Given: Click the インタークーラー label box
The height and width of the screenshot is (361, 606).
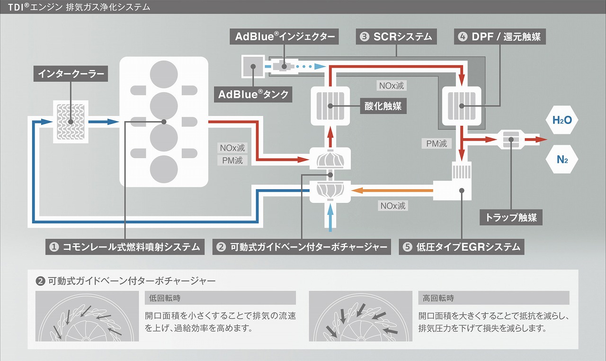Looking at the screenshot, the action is coord(71,73).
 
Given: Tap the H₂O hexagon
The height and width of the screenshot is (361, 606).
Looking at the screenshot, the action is coord(562,120).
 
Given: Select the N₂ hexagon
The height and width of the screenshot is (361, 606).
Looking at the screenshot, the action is coord(562,159).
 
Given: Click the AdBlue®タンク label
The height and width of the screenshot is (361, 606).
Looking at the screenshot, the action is coord(253,94).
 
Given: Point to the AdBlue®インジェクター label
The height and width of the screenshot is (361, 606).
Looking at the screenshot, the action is coord(284,36).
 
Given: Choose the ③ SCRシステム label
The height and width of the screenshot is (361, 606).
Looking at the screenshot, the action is coord(396,36).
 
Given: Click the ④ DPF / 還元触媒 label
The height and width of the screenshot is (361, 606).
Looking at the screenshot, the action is coord(499,36).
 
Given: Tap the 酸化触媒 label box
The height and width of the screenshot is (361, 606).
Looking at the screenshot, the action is coord(383,106).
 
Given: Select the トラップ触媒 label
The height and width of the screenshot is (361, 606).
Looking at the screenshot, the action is coord(511,217).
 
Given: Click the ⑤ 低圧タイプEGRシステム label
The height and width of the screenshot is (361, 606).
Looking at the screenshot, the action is coord(462,247).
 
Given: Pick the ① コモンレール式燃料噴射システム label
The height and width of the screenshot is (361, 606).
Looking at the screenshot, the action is coord(125,247).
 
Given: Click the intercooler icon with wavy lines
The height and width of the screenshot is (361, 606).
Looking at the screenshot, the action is coord(71,122).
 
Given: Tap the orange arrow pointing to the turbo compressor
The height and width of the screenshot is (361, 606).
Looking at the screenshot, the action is coord(392,191).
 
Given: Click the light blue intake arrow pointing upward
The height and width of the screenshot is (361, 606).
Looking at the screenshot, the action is coord(330,218).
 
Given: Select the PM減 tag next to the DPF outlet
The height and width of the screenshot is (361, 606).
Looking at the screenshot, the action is coord(437,143).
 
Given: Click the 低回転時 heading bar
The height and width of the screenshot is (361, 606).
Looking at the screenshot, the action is coord(220,298).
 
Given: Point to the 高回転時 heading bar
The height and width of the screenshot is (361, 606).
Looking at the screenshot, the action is coord(494,298).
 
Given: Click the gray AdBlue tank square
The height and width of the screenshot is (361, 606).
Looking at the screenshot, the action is coord(253,67).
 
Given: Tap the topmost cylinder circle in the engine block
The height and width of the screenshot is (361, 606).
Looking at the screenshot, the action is coord(164,74).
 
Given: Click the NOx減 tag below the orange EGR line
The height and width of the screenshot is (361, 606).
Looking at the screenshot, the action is coord(393,206).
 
